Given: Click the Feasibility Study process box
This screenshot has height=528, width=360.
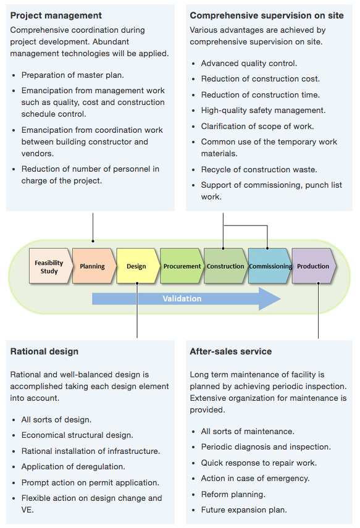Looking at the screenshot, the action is (51, 266).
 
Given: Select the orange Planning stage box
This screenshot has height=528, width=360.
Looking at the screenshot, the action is (94, 266).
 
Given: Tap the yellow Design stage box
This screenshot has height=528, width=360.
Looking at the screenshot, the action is (138, 266).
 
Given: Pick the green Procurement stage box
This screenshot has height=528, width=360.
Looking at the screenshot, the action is (182, 266).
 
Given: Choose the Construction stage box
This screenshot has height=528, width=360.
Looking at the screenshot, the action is (225, 266).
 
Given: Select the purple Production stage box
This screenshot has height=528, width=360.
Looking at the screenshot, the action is (314, 266).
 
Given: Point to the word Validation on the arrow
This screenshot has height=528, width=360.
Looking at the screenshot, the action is (182, 299).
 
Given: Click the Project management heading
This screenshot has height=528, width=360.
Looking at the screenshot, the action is (56, 15).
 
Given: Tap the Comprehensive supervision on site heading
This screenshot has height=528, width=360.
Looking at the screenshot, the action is (267, 15).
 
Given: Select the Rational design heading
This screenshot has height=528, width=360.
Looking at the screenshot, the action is (44, 351).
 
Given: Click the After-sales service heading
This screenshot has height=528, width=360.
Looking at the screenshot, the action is (231, 351).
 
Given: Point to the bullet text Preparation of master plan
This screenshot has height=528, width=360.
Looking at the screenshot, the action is (73, 75).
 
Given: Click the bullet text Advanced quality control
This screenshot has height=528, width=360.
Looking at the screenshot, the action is (249, 64).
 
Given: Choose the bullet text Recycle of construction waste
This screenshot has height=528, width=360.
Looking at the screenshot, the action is (259, 169).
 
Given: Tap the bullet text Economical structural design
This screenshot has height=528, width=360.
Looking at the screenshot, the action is (77, 435).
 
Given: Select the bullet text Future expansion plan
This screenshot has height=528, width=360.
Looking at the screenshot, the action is (244, 510).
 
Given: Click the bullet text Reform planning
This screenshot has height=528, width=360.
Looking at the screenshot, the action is (233, 494).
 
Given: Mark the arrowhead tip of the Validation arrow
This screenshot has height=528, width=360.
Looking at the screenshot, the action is (280, 299).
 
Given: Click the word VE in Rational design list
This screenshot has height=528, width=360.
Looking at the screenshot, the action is (27, 510).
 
